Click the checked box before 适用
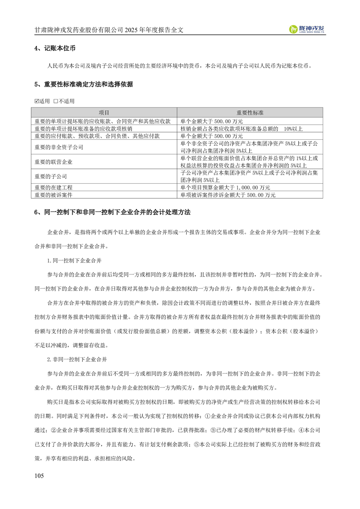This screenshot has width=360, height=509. click(37, 101)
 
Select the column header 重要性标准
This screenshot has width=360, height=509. click(251, 112)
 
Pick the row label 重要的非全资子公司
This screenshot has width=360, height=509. click(59, 147)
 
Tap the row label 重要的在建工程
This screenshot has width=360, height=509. click(54, 187)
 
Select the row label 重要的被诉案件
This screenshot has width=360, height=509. click(54, 195)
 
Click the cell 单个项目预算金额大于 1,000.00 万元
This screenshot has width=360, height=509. click(225, 187)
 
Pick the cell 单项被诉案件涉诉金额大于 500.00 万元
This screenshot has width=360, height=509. click(228, 195)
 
